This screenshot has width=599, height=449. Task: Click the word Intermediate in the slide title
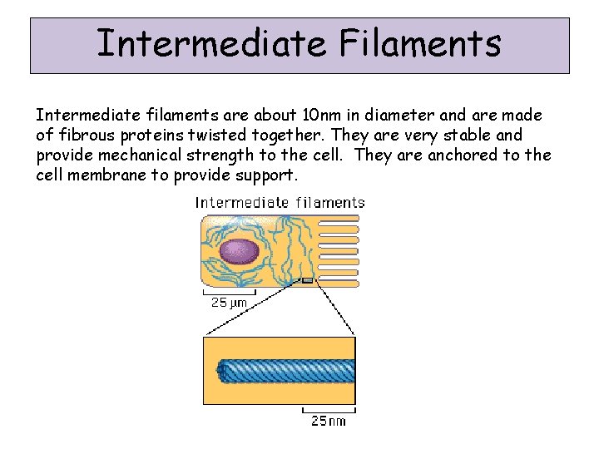point(207,43)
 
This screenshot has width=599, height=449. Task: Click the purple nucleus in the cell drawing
point(240,251)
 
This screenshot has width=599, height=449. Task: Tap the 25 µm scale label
point(229,303)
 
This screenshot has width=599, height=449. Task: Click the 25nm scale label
point(329,421)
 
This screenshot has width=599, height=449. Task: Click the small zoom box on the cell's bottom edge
point(307,281)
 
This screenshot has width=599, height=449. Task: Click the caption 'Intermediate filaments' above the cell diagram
point(280,202)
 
